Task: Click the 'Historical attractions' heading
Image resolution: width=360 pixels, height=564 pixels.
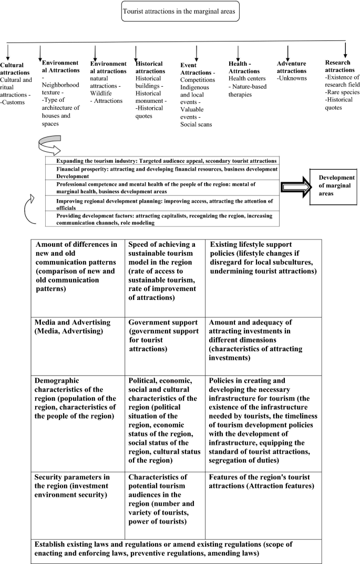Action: pos(149,67)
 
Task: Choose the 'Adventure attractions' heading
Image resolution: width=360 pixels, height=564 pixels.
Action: pos(292,67)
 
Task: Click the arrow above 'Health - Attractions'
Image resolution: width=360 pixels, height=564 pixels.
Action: pos(238,53)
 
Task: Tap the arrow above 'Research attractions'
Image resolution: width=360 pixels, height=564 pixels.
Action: pos(345,49)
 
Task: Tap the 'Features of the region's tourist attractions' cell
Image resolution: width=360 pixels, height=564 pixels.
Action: pos(263,482)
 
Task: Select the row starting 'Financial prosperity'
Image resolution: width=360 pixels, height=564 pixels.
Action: pos(167,173)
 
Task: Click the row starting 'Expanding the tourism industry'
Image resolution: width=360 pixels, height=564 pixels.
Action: pos(167,161)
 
